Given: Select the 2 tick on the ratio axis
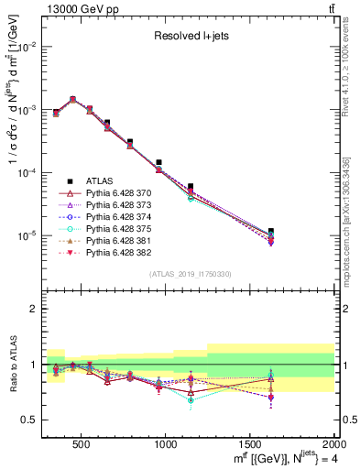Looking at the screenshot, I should (35, 309).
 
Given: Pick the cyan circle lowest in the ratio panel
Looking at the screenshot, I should (191, 400).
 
